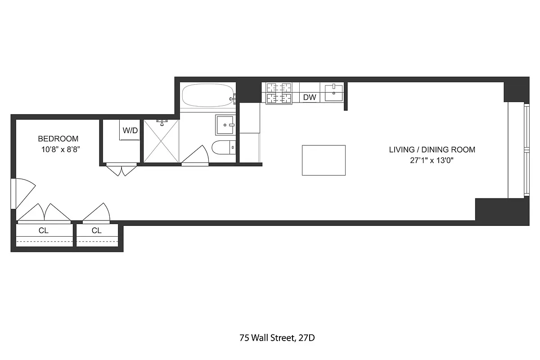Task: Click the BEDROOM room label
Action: [58, 139]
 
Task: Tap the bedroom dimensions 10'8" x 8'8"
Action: [61, 149]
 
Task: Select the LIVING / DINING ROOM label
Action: [432, 150]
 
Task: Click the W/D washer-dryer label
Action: [130, 130]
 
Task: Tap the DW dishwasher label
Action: [309, 97]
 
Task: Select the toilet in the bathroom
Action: [224, 147]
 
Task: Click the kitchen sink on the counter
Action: [333, 93]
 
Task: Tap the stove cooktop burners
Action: [279, 93]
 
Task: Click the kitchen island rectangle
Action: [324, 160]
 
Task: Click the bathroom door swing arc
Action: [196, 156]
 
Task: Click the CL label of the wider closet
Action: [43, 230]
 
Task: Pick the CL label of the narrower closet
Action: [97, 230]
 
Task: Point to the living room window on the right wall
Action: [517, 150]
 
